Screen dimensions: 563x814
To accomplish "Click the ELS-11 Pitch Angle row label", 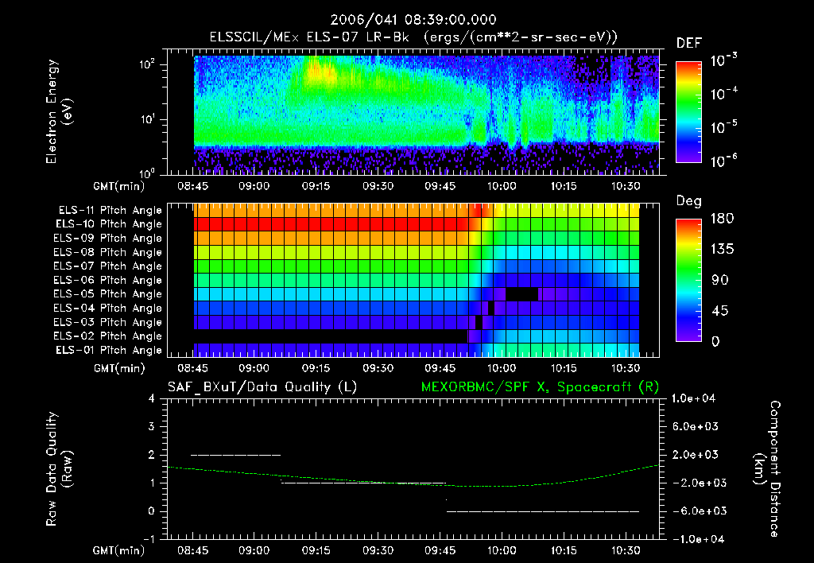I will pos(109,211).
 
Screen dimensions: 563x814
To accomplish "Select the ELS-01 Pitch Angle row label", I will pos(109,351).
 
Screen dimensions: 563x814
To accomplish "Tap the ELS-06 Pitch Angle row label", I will pos(109,281).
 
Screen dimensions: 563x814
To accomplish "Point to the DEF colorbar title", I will pos(688,43).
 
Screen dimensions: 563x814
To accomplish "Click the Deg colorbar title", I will pos(688,201).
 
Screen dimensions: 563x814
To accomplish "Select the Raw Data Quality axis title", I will pos(59,469).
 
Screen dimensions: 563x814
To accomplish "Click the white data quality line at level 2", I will pos(235,455).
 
